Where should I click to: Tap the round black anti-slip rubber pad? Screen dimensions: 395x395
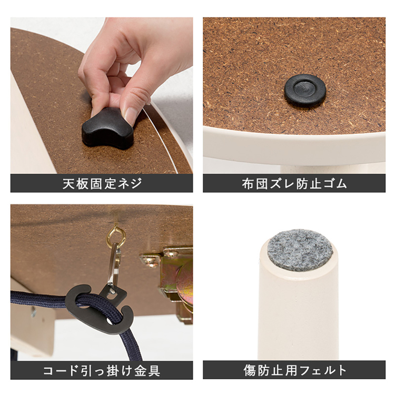(x=305, y=90)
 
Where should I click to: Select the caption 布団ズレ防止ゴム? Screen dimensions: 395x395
(x=294, y=184)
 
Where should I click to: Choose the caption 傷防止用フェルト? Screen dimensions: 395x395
(x=294, y=370)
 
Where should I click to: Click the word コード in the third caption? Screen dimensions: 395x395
(x=61, y=370)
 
